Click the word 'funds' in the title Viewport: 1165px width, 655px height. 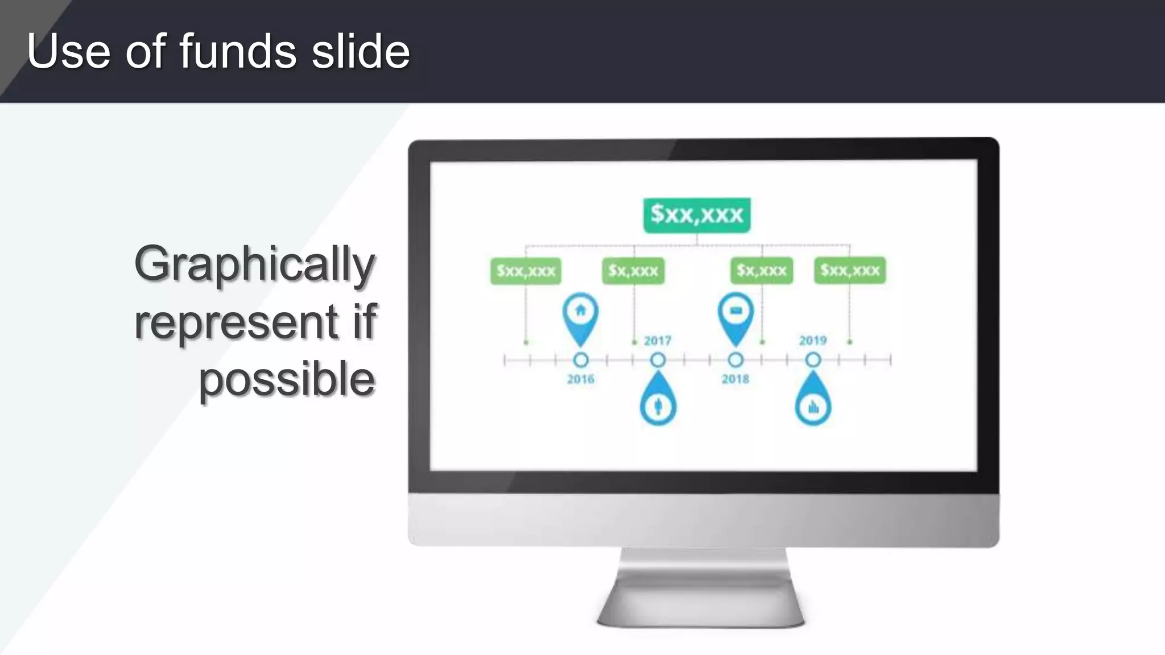238,51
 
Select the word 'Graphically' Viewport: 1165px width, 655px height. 255,264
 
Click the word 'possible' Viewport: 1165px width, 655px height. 287,380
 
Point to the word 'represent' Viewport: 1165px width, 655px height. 236,322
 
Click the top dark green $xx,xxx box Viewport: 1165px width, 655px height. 697,215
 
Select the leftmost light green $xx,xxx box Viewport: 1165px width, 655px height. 526,271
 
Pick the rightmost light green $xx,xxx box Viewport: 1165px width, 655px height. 850,271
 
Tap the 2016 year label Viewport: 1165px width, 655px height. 580,379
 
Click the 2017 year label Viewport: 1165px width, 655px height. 658,341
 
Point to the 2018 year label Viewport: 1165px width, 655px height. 735,379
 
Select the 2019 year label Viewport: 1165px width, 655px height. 812,341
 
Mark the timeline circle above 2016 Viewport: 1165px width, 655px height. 580,360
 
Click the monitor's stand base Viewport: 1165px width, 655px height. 701,608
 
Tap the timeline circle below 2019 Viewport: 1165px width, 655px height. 813,360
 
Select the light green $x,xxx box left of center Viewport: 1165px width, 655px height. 633,271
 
